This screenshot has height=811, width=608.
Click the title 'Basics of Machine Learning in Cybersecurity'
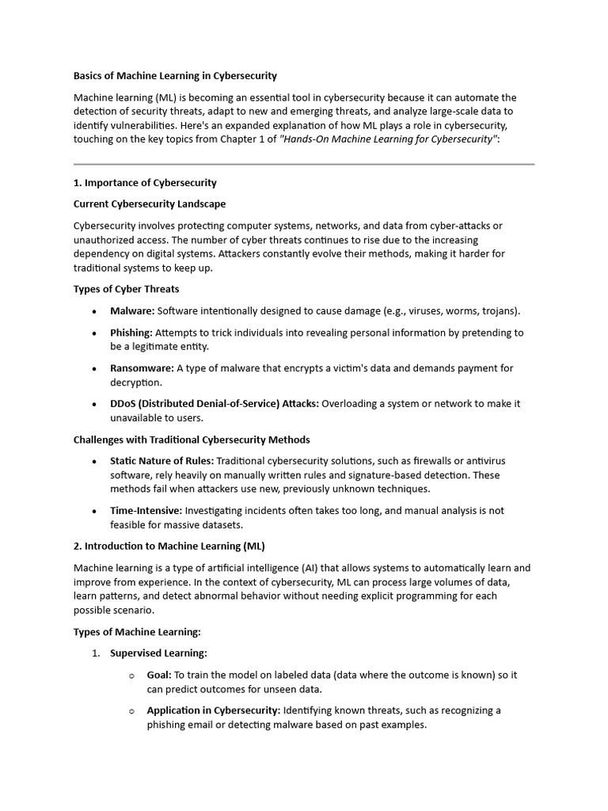(x=175, y=76)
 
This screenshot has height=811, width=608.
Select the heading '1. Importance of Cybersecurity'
(x=145, y=183)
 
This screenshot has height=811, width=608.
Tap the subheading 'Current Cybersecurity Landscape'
(x=150, y=204)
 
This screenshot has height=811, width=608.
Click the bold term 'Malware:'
(x=132, y=311)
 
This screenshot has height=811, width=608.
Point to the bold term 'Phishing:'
(x=131, y=333)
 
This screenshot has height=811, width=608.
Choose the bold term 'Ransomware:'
(x=142, y=368)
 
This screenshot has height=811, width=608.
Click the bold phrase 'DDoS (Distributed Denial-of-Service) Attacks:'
(x=215, y=404)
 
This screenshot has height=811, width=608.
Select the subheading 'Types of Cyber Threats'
(x=127, y=289)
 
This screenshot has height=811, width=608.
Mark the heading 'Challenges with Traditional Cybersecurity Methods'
(x=192, y=440)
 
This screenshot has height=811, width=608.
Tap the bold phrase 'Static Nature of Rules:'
(x=161, y=461)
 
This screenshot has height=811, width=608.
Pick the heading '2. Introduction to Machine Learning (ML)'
(x=169, y=546)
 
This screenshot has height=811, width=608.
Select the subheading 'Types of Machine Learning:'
(x=138, y=632)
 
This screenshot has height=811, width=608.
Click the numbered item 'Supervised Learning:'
(x=158, y=653)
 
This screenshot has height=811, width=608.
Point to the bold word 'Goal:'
(x=159, y=675)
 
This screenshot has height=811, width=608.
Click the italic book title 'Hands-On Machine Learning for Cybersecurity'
(x=389, y=139)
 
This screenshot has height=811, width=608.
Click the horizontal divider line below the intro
(x=304, y=165)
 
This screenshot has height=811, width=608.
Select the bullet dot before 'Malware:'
(x=95, y=312)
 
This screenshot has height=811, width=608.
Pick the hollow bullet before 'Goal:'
(x=131, y=676)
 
